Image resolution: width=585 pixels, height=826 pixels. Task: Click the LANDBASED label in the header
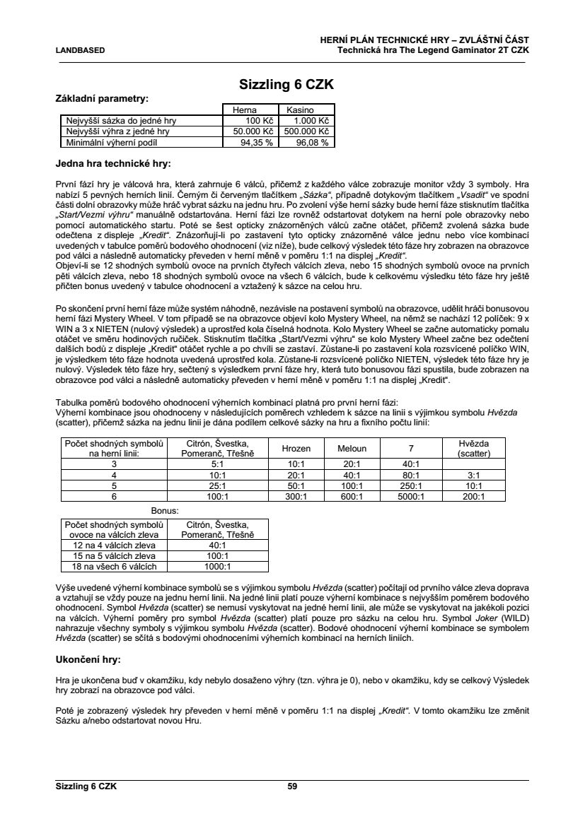point(80,50)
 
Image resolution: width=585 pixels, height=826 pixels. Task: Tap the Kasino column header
point(300,110)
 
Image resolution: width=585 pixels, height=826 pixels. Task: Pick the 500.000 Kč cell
point(306,131)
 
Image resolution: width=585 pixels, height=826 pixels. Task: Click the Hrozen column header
point(296,448)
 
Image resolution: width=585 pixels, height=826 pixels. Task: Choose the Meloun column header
point(352,448)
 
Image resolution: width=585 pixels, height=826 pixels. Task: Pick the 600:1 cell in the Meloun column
point(352,496)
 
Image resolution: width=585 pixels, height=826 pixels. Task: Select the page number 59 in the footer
point(292,785)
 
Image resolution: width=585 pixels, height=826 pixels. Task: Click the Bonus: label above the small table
point(164,509)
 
